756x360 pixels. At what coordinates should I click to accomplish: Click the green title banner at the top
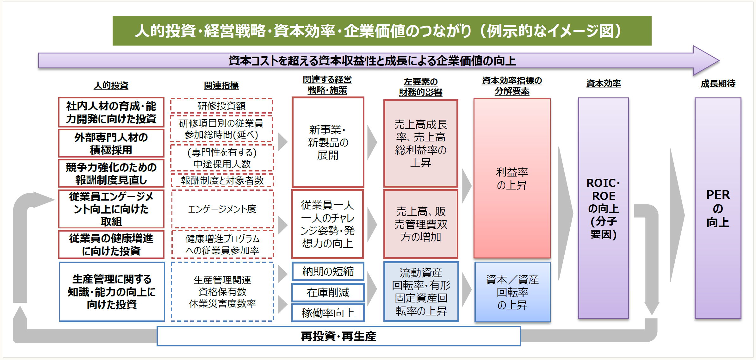coord(382,31)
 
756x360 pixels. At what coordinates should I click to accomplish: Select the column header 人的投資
coord(111,85)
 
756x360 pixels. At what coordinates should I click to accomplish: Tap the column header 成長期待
coord(718,84)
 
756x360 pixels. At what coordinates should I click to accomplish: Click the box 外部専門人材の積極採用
coord(111,143)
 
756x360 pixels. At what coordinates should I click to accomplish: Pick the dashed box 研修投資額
coord(221,106)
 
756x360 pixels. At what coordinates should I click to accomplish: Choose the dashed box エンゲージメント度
coord(222,209)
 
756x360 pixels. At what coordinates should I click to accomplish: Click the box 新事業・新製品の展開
coord(328,142)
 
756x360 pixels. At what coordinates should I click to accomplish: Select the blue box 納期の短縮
coord(328,271)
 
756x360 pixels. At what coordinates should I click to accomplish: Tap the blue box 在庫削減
coord(328,293)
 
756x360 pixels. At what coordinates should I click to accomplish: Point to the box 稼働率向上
coord(328,313)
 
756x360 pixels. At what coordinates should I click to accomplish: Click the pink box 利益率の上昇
coord(512,178)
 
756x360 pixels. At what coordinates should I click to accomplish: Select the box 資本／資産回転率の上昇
coord(512,292)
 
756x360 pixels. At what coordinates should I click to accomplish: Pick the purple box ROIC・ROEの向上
coord(603,208)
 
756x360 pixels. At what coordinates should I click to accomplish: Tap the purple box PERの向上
coord(718,208)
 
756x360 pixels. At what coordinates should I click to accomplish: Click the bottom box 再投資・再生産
coord(338,336)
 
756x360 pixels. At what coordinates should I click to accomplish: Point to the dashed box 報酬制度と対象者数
coord(222,181)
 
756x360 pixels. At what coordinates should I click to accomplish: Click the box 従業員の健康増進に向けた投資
coord(111,245)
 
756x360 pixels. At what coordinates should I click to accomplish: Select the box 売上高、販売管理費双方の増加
coord(421,224)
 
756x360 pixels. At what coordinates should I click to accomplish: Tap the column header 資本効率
coord(603,84)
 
